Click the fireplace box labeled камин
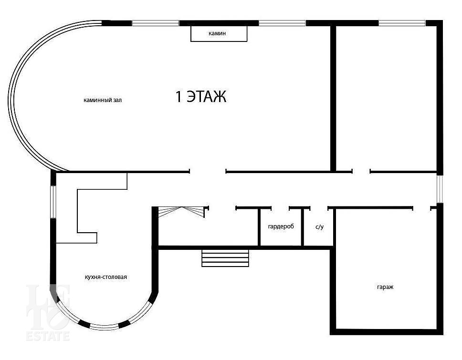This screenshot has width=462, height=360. [x=219, y=33]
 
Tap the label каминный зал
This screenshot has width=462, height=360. [x=103, y=100]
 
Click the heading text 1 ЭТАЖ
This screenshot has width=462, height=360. [x=201, y=96]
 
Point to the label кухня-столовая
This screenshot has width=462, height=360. [x=106, y=277]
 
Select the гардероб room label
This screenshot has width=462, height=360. [x=281, y=226]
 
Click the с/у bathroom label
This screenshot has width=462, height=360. [x=319, y=227]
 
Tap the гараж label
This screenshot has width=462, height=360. [x=385, y=287]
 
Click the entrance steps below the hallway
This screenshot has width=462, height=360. [x=225, y=258]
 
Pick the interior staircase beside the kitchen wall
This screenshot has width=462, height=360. [x=181, y=212]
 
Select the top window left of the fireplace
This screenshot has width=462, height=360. [x=155, y=23]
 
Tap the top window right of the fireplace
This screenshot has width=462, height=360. [x=282, y=23]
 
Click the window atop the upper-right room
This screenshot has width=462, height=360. [x=402, y=23]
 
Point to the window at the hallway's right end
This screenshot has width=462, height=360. [x=440, y=189]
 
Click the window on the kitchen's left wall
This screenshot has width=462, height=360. [x=53, y=202]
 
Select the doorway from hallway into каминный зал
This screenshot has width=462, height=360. [x=208, y=171]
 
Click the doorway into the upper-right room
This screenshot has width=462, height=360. [x=361, y=171]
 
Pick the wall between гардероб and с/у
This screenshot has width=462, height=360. [x=302, y=226]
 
